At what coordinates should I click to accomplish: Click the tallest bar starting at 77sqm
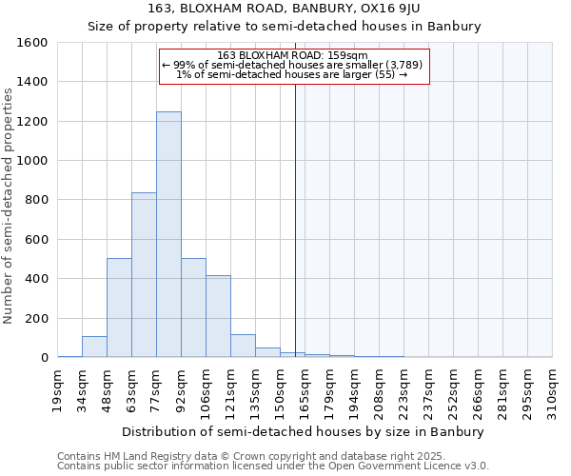point(168,234)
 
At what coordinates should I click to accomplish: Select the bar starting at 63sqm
point(144,275)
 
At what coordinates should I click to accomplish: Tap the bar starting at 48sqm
point(119,307)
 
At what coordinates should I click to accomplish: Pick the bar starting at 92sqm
point(193,307)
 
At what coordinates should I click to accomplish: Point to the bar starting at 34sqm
point(94,347)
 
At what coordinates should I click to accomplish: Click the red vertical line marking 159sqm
point(295,219)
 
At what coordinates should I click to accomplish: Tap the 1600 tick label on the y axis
point(32,43)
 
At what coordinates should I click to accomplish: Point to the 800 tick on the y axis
point(36,200)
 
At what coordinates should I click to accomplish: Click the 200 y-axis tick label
point(36,318)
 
